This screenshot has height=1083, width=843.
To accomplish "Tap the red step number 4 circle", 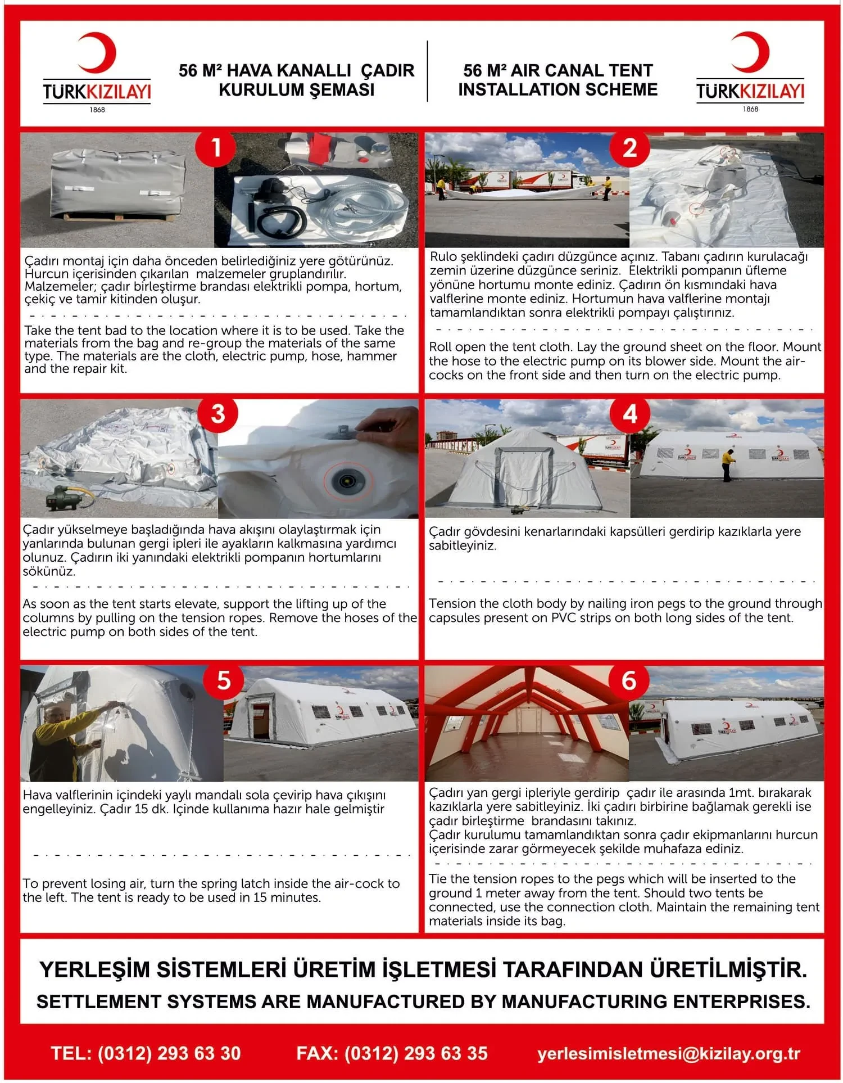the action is [x=630, y=414].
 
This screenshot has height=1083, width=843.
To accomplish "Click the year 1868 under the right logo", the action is [x=750, y=109].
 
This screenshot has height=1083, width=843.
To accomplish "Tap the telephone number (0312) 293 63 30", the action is [x=169, y=1053].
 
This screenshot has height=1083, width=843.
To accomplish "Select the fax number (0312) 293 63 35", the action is [x=416, y=1053].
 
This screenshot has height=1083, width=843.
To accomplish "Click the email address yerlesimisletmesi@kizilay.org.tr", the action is [x=669, y=1054].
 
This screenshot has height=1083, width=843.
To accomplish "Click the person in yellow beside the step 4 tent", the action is [x=728, y=464].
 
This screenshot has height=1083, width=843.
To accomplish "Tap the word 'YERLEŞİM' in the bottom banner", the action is [x=94, y=969].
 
